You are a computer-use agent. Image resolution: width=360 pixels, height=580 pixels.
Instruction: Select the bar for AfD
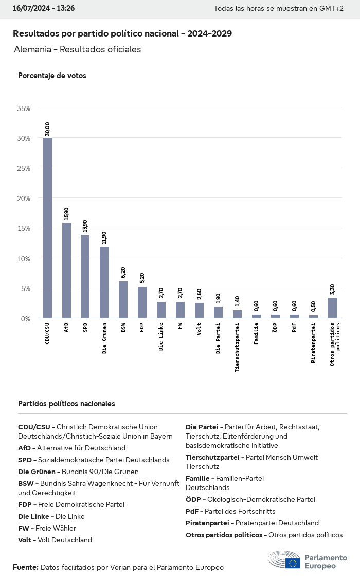tap(66, 270)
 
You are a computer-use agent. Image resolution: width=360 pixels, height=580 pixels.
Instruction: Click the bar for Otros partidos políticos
tap(332, 308)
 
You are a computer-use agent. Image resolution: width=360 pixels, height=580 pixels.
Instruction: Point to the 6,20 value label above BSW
tap(123, 273)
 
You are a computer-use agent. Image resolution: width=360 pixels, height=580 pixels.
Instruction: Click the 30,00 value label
tap(47, 129)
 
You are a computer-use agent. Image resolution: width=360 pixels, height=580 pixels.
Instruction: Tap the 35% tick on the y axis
tap(24, 108)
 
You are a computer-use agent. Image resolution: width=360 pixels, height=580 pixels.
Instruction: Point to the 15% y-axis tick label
tap(24, 228)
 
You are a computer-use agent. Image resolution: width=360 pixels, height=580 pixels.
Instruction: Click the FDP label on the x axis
tap(142, 328)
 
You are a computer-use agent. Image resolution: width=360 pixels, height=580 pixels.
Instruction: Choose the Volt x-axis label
tap(199, 329)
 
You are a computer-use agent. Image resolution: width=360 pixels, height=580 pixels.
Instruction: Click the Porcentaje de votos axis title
tap(52, 76)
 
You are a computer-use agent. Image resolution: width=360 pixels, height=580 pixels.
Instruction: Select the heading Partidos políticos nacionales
tap(66, 404)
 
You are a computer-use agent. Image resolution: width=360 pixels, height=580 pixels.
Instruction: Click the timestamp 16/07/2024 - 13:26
tap(44, 9)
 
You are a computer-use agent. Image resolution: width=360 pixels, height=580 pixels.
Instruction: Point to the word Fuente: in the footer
tap(26, 567)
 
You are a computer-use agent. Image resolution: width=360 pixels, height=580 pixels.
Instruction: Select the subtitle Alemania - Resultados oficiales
tap(78, 50)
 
